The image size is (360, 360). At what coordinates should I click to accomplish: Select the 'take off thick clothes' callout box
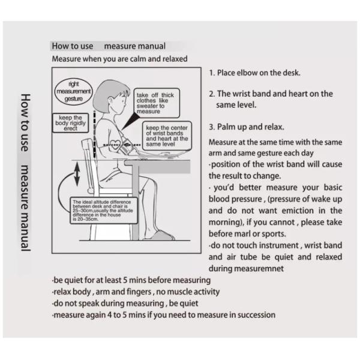pyautogui.click(x=154, y=103)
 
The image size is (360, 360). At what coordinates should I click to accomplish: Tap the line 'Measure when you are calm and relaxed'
pyautogui.click(x=119, y=59)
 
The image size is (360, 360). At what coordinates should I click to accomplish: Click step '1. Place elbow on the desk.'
pyautogui.click(x=255, y=73)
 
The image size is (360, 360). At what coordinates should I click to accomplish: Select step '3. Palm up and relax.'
pyautogui.click(x=247, y=127)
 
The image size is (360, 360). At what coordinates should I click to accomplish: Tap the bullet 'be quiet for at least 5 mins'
pyautogui.click(x=130, y=281)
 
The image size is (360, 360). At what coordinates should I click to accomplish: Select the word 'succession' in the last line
pyautogui.click(x=254, y=314)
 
